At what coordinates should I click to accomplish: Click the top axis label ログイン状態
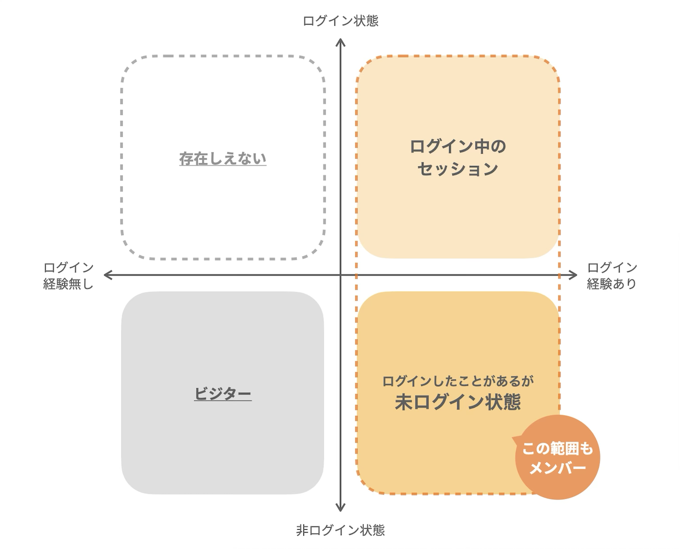(340, 21)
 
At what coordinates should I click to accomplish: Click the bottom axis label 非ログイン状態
(340, 530)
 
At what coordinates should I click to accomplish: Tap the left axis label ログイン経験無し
(69, 276)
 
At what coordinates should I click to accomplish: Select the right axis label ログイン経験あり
(612, 276)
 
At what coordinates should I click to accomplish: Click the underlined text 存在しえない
(223, 159)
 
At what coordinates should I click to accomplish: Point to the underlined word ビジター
(223, 393)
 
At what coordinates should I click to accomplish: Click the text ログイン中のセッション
(458, 157)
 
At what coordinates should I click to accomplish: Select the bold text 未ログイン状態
(458, 402)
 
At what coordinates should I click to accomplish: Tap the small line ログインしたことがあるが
(458, 381)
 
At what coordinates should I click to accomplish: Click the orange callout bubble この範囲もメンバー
(558, 457)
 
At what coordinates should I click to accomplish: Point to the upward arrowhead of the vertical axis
(340, 42)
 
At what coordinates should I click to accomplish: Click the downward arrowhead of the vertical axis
(340, 508)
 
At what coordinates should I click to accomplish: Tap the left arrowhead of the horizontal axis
(107, 275)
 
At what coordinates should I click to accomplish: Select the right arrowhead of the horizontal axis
(574, 275)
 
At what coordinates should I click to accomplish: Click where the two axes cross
(340, 275)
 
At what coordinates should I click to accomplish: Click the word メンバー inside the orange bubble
(558, 468)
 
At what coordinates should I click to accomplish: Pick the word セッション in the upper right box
(458, 169)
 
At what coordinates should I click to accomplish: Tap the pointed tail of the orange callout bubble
(513, 438)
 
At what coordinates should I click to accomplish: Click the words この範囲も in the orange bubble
(557, 449)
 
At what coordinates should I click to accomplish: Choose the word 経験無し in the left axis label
(69, 284)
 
